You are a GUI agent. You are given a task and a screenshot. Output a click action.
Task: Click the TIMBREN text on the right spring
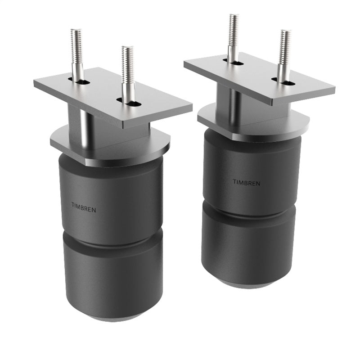(x=246, y=182)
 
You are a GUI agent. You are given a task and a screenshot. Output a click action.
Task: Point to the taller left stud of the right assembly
(x=233, y=34)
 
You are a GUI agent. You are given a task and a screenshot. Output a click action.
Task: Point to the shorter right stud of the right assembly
(x=284, y=52)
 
